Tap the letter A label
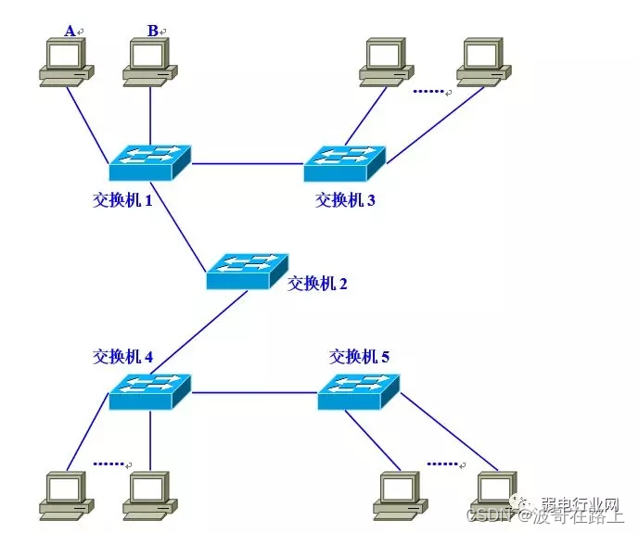[70, 31]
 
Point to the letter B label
[152, 31]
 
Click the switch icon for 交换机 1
[149, 162]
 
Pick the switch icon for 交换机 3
[344, 162]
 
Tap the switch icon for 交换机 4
[149, 392]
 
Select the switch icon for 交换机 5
[359, 392]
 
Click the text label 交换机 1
[122, 199]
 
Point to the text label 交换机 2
[317, 284]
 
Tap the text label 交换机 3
[345, 199]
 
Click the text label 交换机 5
[360, 355]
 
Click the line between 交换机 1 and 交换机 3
[247, 163]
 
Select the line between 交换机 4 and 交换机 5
[254, 393]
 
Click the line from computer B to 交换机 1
[150, 116]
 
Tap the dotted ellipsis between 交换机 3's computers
[428, 91]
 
